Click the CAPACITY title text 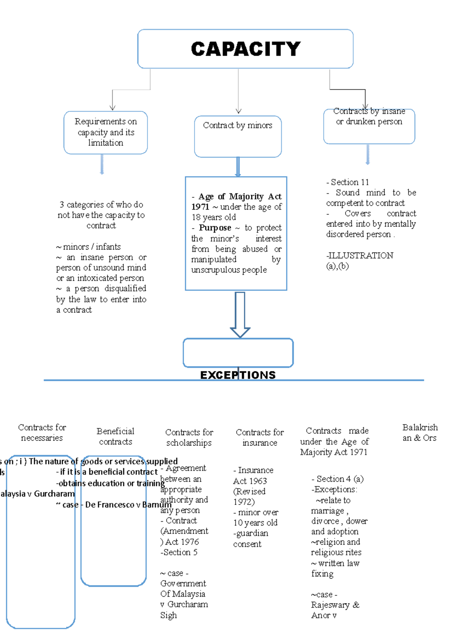[246, 49]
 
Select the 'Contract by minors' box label [237, 126]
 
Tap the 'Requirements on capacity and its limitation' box [105, 132]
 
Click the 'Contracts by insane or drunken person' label [369, 116]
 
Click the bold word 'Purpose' [215, 228]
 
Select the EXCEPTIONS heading [238, 375]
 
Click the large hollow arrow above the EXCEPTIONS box [240, 314]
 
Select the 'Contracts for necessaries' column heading [42, 433]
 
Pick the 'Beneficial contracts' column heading [115, 436]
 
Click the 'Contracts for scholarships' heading [189, 438]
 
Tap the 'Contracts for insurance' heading [260, 438]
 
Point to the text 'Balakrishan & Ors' [420, 433]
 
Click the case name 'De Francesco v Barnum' [128, 505]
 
